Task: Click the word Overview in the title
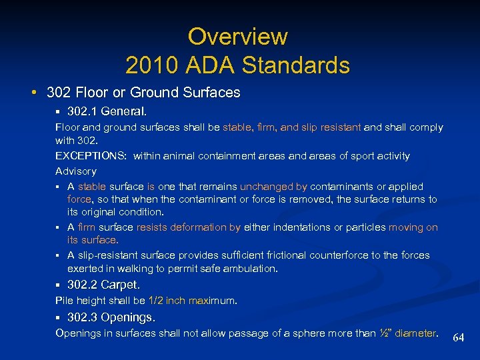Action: coord(237,36)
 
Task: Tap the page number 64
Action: coord(459,338)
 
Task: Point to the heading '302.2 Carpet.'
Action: coord(103,285)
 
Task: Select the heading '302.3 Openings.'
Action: coord(111,317)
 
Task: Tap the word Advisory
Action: coord(75,171)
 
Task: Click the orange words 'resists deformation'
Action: coord(180,227)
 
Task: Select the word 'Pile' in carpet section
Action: coord(64,301)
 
